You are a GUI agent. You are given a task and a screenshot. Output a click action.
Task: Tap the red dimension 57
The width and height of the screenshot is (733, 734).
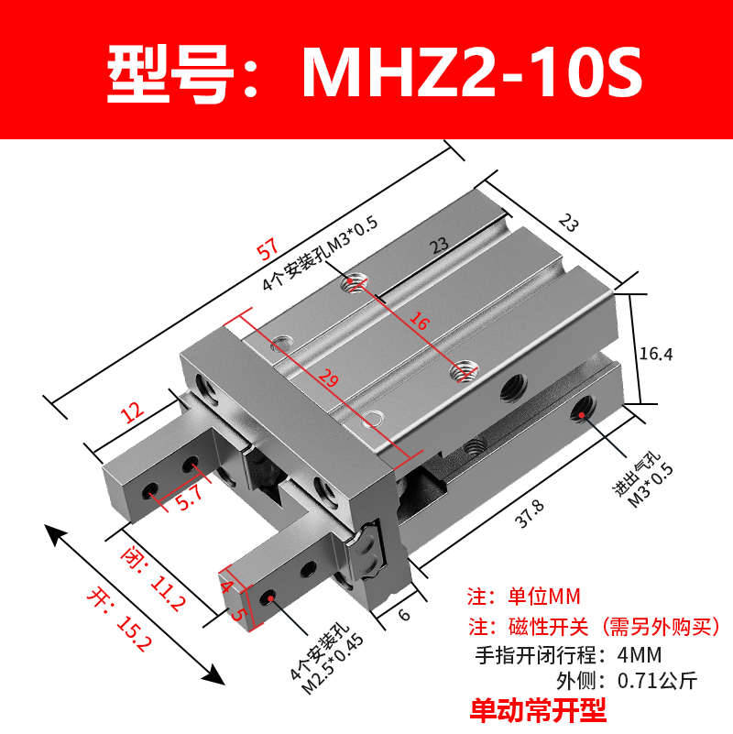[x=267, y=249]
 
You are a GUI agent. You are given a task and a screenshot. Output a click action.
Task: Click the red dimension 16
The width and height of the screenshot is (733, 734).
[x=418, y=322]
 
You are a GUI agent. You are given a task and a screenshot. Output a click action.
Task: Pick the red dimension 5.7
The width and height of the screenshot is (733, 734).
[x=187, y=497]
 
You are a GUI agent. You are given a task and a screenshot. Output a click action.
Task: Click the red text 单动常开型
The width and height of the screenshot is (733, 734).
[x=539, y=707]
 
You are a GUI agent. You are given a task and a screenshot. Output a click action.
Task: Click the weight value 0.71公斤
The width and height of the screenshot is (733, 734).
[x=658, y=681]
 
